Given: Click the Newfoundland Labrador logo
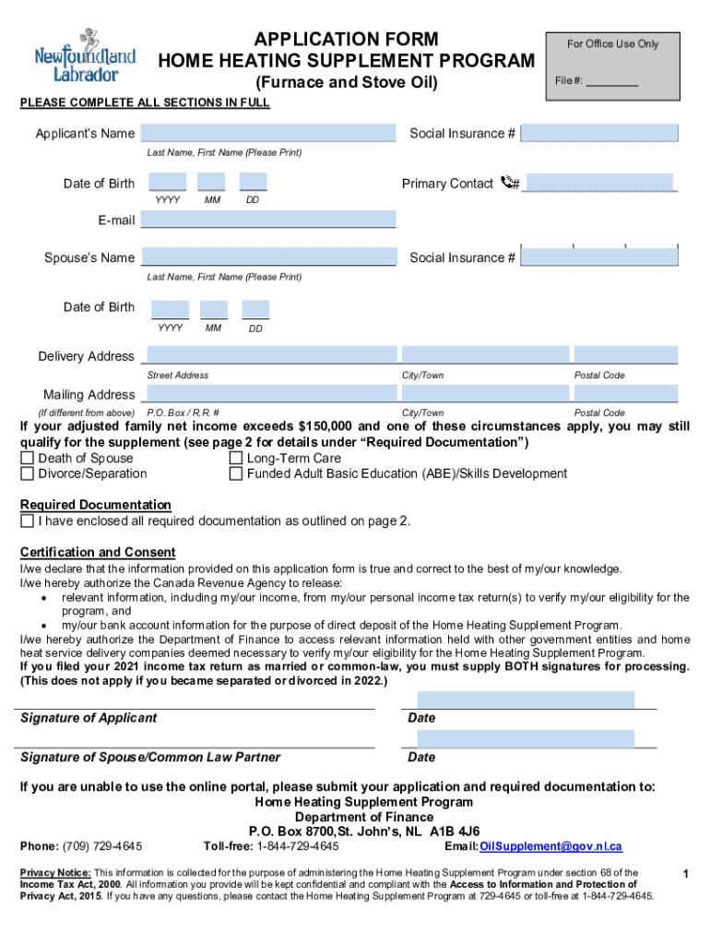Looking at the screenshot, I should click(85, 57).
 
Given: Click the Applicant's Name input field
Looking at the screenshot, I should click(267, 134).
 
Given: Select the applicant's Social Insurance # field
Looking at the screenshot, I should click(600, 134).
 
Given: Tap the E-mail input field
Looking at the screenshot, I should click(267, 220).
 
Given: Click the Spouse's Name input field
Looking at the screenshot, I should click(267, 257).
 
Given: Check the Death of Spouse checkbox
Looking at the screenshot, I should click(28, 459).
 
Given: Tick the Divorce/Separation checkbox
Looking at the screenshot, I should click(28, 474).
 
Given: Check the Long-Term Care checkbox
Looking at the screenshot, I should click(236, 459).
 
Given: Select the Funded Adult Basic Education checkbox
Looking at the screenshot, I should click(236, 474).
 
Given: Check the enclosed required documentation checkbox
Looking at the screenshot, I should click(28, 521).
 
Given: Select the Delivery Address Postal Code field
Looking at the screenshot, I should click(625, 355).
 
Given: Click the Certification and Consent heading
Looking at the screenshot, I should click(98, 552).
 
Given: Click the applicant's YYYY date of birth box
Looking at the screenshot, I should click(167, 183).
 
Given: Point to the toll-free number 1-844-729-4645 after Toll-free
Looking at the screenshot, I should click(297, 846).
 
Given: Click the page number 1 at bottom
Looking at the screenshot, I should click(685, 872).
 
